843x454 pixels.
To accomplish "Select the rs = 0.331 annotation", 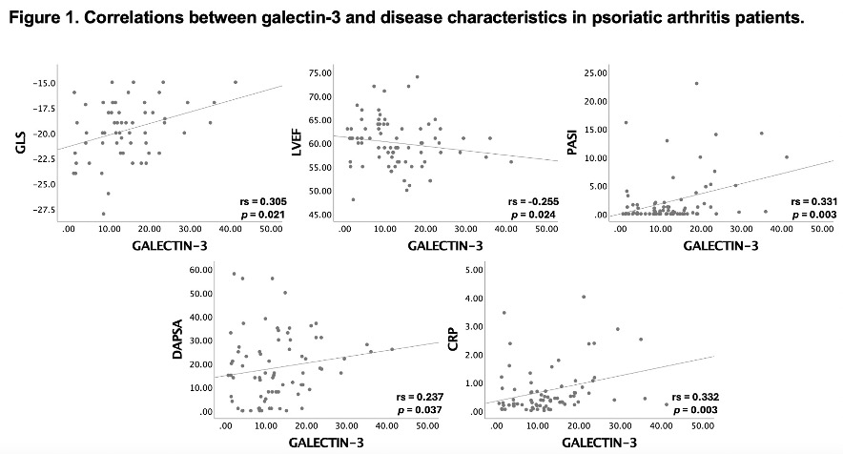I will (812, 202).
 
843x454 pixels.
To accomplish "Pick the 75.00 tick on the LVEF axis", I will (318, 72).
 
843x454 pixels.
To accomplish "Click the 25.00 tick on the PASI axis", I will (596, 72).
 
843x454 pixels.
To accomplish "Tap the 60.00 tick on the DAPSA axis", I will (200, 270).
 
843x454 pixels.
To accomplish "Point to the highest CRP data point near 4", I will (584, 296).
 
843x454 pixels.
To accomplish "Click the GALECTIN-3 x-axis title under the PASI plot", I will (722, 244).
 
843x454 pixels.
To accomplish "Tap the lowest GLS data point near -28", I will (104, 214).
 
